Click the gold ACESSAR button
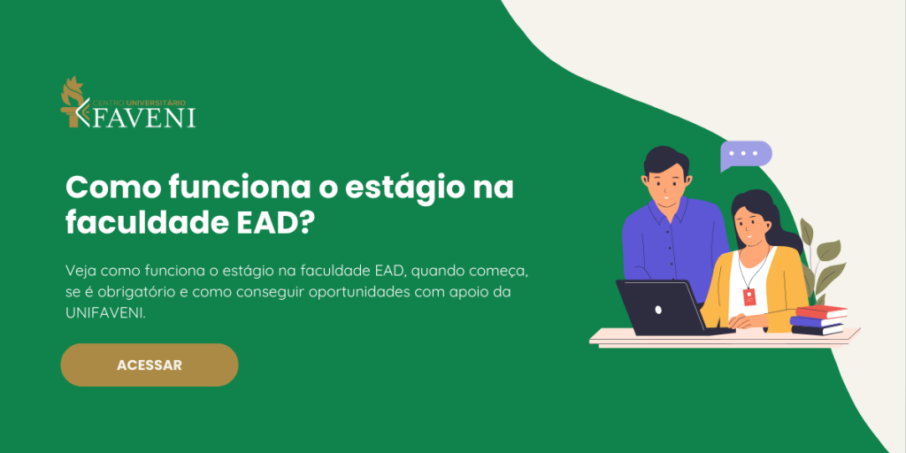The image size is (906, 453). point(149,365)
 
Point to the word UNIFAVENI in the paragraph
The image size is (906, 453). point(104,314)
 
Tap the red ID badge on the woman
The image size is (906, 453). point(750,297)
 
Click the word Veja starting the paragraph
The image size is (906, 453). point(81,268)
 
